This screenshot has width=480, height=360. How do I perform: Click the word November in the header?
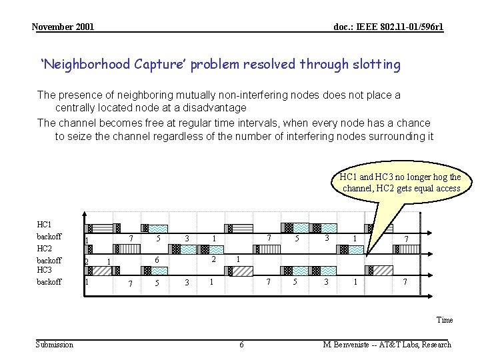coord(53,27)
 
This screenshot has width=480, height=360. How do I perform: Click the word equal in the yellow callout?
coord(418,188)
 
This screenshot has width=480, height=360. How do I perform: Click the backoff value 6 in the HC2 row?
coord(156,259)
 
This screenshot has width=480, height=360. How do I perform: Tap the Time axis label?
coord(444,319)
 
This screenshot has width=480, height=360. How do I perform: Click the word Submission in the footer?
coord(55,345)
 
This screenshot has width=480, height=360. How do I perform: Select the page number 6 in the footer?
coord(241,345)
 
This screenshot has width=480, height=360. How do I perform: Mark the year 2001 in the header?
coord(85,27)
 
